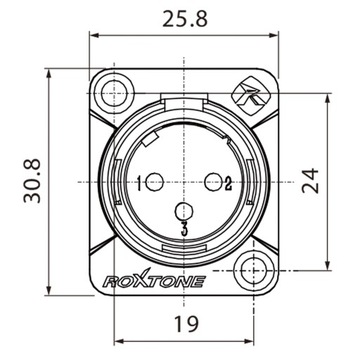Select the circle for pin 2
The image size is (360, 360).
tap(212, 181)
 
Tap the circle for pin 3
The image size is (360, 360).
tap(182, 212)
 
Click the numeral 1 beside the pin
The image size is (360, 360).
tap(139, 182)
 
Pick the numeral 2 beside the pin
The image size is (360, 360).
tap(228, 182)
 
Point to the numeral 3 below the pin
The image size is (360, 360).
tap(182, 232)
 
